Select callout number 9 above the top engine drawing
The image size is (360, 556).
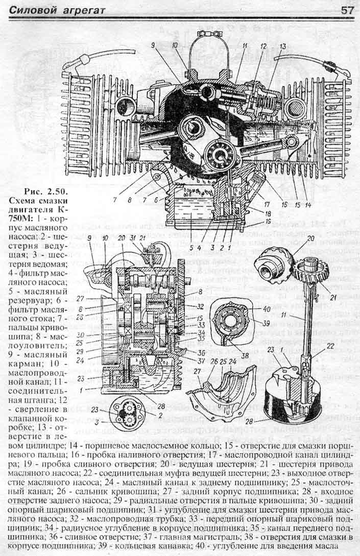tap(153, 45)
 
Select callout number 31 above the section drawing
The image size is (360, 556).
tap(132, 239)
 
